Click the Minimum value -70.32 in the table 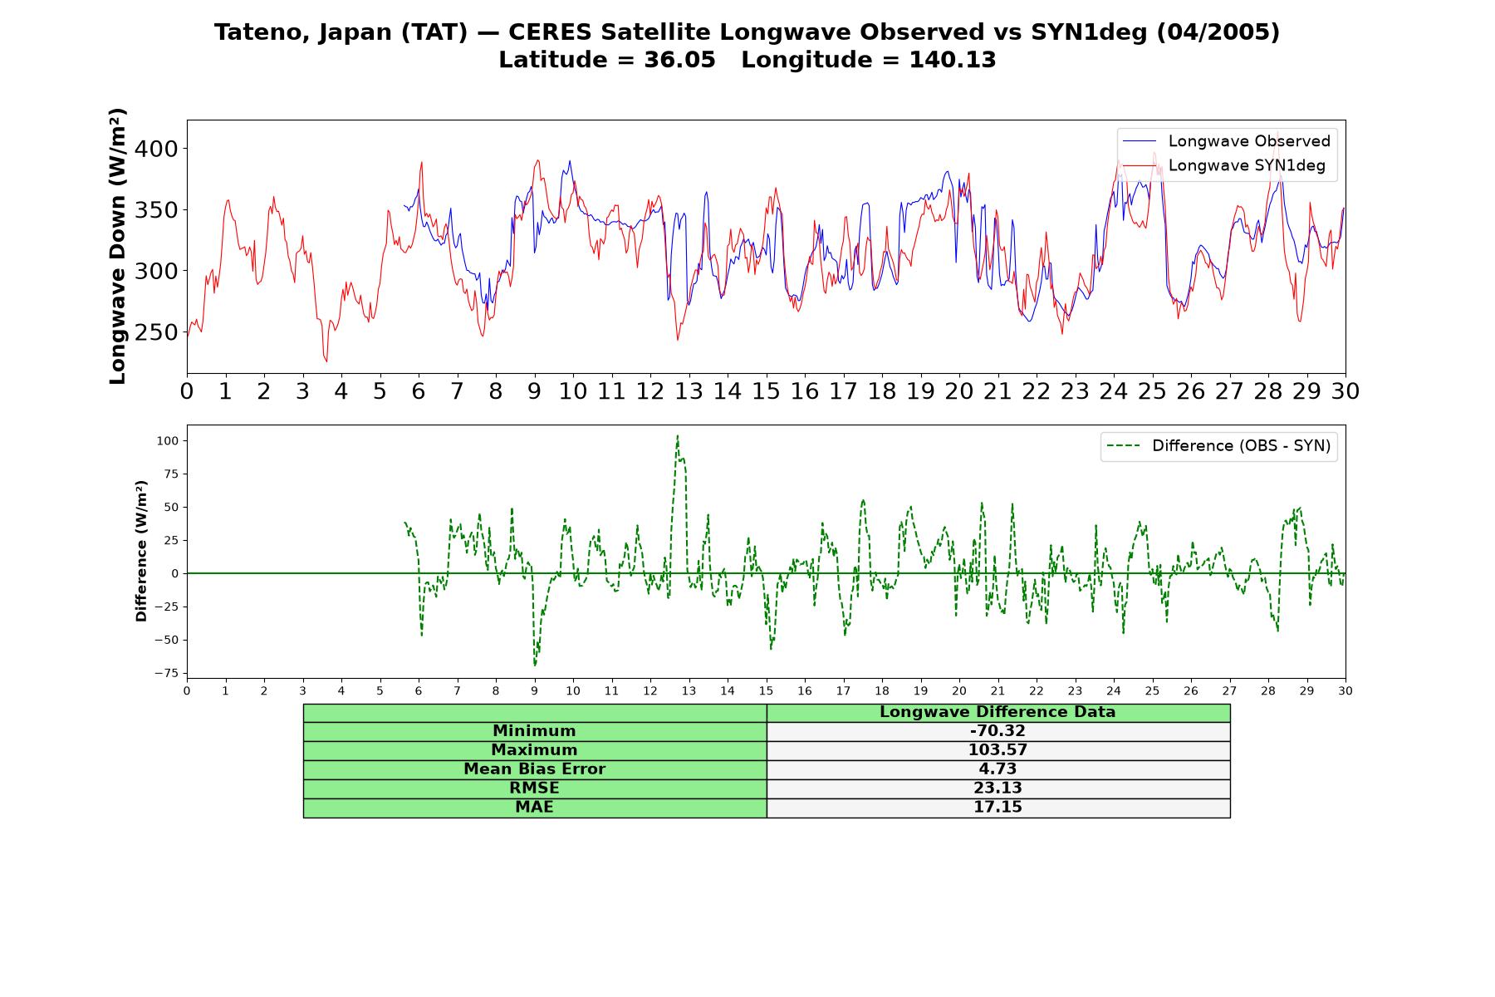(x=997, y=731)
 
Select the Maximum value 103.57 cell (x=997, y=750)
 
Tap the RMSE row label (x=534, y=788)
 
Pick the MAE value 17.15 (x=997, y=808)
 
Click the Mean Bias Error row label (x=534, y=769)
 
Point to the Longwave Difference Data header (x=997, y=712)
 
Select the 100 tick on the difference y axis (x=167, y=440)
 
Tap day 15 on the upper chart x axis (x=766, y=391)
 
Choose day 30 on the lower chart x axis (x=1345, y=691)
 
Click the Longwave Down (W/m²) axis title (x=118, y=246)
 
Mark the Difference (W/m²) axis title (x=141, y=551)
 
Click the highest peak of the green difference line (x=677, y=435)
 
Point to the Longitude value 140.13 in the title (x=952, y=60)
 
